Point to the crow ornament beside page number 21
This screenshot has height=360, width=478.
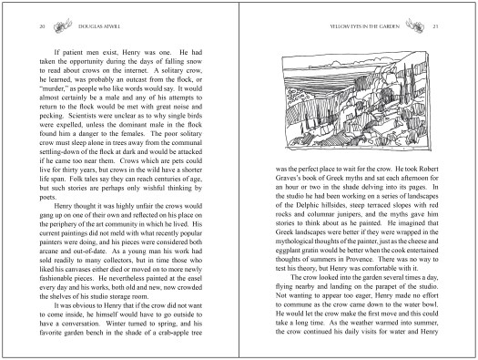coord(415,27)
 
